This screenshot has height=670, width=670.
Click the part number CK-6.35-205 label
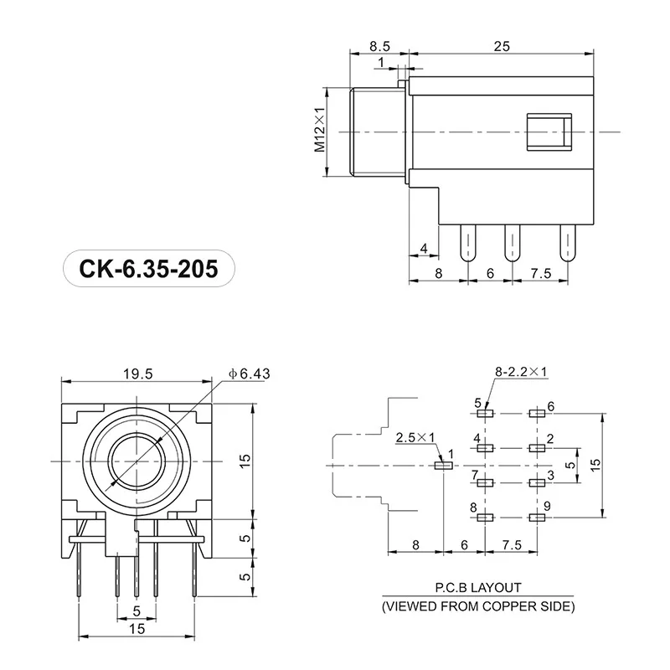(148, 269)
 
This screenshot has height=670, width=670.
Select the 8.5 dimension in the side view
(379, 47)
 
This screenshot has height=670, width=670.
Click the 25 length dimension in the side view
(502, 47)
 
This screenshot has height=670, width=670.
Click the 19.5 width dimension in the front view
(137, 374)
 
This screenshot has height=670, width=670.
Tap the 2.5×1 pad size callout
(415, 436)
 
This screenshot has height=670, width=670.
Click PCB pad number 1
(441, 465)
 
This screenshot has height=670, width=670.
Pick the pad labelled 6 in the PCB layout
(536, 413)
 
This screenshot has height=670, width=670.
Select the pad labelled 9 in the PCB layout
(536, 518)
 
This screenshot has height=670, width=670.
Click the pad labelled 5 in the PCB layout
(483, 413)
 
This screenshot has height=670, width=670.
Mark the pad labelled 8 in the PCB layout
(483, 518)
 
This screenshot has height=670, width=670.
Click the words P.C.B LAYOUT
(478, 589)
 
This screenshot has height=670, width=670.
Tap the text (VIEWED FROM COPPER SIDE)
(478, 606)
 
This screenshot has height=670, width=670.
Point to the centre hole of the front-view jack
(135, 461)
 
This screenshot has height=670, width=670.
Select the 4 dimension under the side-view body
(424, 248)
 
